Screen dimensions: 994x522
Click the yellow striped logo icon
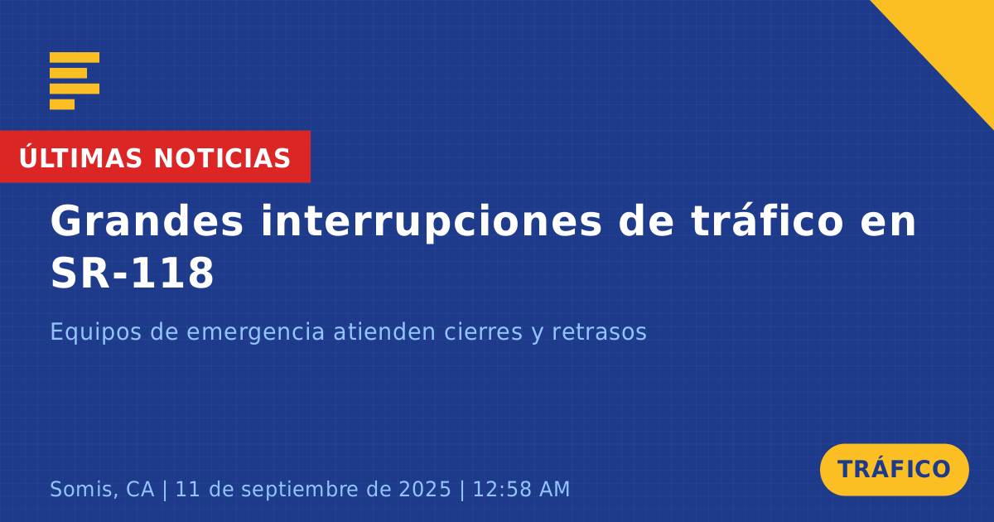click(x=75, y=81)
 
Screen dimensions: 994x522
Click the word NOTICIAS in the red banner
click(x=222, y=158)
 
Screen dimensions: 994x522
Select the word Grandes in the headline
click(x=147, y=221)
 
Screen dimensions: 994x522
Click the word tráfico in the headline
click(x=767, y=220)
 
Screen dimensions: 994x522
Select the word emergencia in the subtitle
click(x=255, y=333)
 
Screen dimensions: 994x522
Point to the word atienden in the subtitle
click(x=384, y=331)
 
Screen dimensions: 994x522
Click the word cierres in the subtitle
click(x=483, y=331)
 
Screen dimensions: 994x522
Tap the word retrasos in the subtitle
click(x=599, y=332)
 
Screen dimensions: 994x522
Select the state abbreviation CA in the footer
click(x=140, y=489)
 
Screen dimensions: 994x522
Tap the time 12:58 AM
click(x=521, y=489)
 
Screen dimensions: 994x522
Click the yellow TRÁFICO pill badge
click(x=894, y=470)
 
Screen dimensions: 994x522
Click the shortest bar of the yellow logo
click(x=62, y=104)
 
